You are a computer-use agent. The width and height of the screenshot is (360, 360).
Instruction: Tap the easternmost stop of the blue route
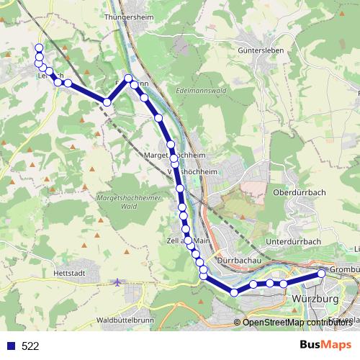click(x=322, y=274)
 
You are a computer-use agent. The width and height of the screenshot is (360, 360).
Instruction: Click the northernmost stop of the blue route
click(x=38, y=48)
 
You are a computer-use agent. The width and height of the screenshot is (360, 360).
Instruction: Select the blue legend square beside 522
click(x=11, y=346)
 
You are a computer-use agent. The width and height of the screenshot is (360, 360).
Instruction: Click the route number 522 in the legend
click(x=30, y=346)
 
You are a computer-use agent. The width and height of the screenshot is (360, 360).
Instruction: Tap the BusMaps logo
click(x=326, y=346)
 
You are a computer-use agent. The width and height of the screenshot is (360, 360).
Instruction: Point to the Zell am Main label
click(x=188, y=240)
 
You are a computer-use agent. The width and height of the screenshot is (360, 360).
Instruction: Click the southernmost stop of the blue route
click(x=234, y=292)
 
